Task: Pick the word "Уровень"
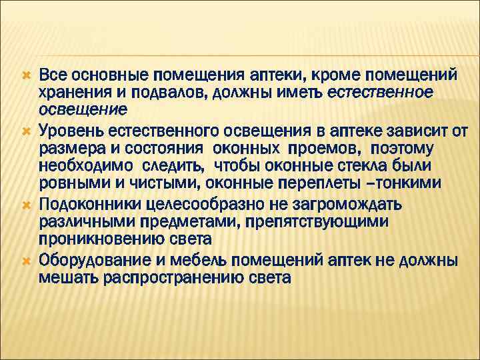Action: (72, 129)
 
